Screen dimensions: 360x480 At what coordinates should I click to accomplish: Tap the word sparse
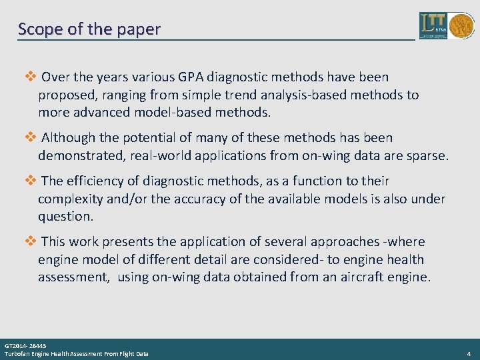(x=426, y=156)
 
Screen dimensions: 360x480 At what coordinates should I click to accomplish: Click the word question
(x=66, y=217)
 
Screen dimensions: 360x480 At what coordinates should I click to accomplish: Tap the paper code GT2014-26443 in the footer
(x=25, y=346)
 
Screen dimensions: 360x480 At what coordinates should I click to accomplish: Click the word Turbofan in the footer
(x=16, y=353)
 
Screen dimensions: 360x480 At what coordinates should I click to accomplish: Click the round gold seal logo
(x=461, y=26)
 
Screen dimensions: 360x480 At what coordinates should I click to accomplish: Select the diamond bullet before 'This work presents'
(x=29, y=241)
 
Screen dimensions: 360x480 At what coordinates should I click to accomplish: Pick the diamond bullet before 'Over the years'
(x=29, y=77)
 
